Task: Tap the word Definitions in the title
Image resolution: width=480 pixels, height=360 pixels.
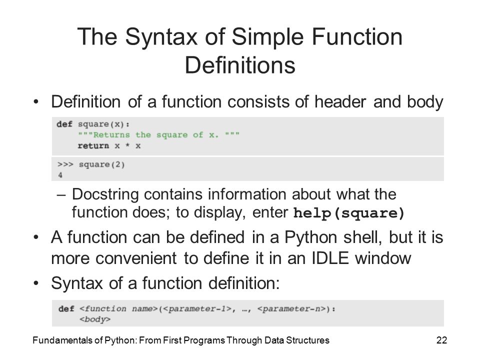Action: (240, 65)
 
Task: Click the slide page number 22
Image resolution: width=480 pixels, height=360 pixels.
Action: (441, 340)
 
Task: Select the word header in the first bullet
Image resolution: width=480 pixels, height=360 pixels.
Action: (340, 101)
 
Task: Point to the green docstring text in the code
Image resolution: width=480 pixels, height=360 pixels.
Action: (158, 135)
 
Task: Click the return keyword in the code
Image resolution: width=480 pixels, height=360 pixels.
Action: (93, 145)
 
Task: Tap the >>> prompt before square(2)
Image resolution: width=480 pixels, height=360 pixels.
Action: (65, 164)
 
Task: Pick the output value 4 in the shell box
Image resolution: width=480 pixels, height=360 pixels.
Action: (60, 175)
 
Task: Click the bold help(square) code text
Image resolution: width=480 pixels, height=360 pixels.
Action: (349, 213)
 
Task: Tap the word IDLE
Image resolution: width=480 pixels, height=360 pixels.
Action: (330, 258)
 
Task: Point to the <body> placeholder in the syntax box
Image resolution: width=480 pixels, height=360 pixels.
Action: (95, 319)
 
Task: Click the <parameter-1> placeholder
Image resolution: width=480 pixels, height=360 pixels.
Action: (197, 308)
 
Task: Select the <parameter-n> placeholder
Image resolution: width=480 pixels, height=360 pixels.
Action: (291, 308)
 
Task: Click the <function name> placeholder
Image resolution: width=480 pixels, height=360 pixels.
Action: (118, 308)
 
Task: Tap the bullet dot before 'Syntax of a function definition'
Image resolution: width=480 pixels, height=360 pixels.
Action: (36, 283)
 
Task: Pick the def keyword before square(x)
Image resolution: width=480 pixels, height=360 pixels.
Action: (64, 124)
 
